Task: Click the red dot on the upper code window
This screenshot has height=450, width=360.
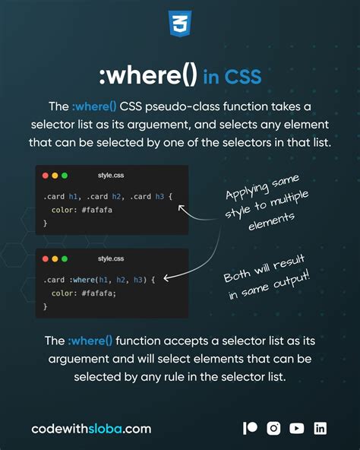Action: click(x=46, y=176)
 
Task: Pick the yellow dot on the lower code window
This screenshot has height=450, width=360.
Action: click(x=55, y=258)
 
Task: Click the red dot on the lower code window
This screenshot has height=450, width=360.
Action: click(x=46, y=258)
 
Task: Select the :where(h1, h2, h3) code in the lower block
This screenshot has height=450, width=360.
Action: click(x=112, y=280)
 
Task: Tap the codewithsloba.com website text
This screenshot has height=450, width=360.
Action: click(x=91, y=429)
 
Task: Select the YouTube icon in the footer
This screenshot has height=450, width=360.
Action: click(x=297, y=428)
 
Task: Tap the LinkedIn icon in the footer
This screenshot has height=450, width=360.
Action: click(x=321, y=428)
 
